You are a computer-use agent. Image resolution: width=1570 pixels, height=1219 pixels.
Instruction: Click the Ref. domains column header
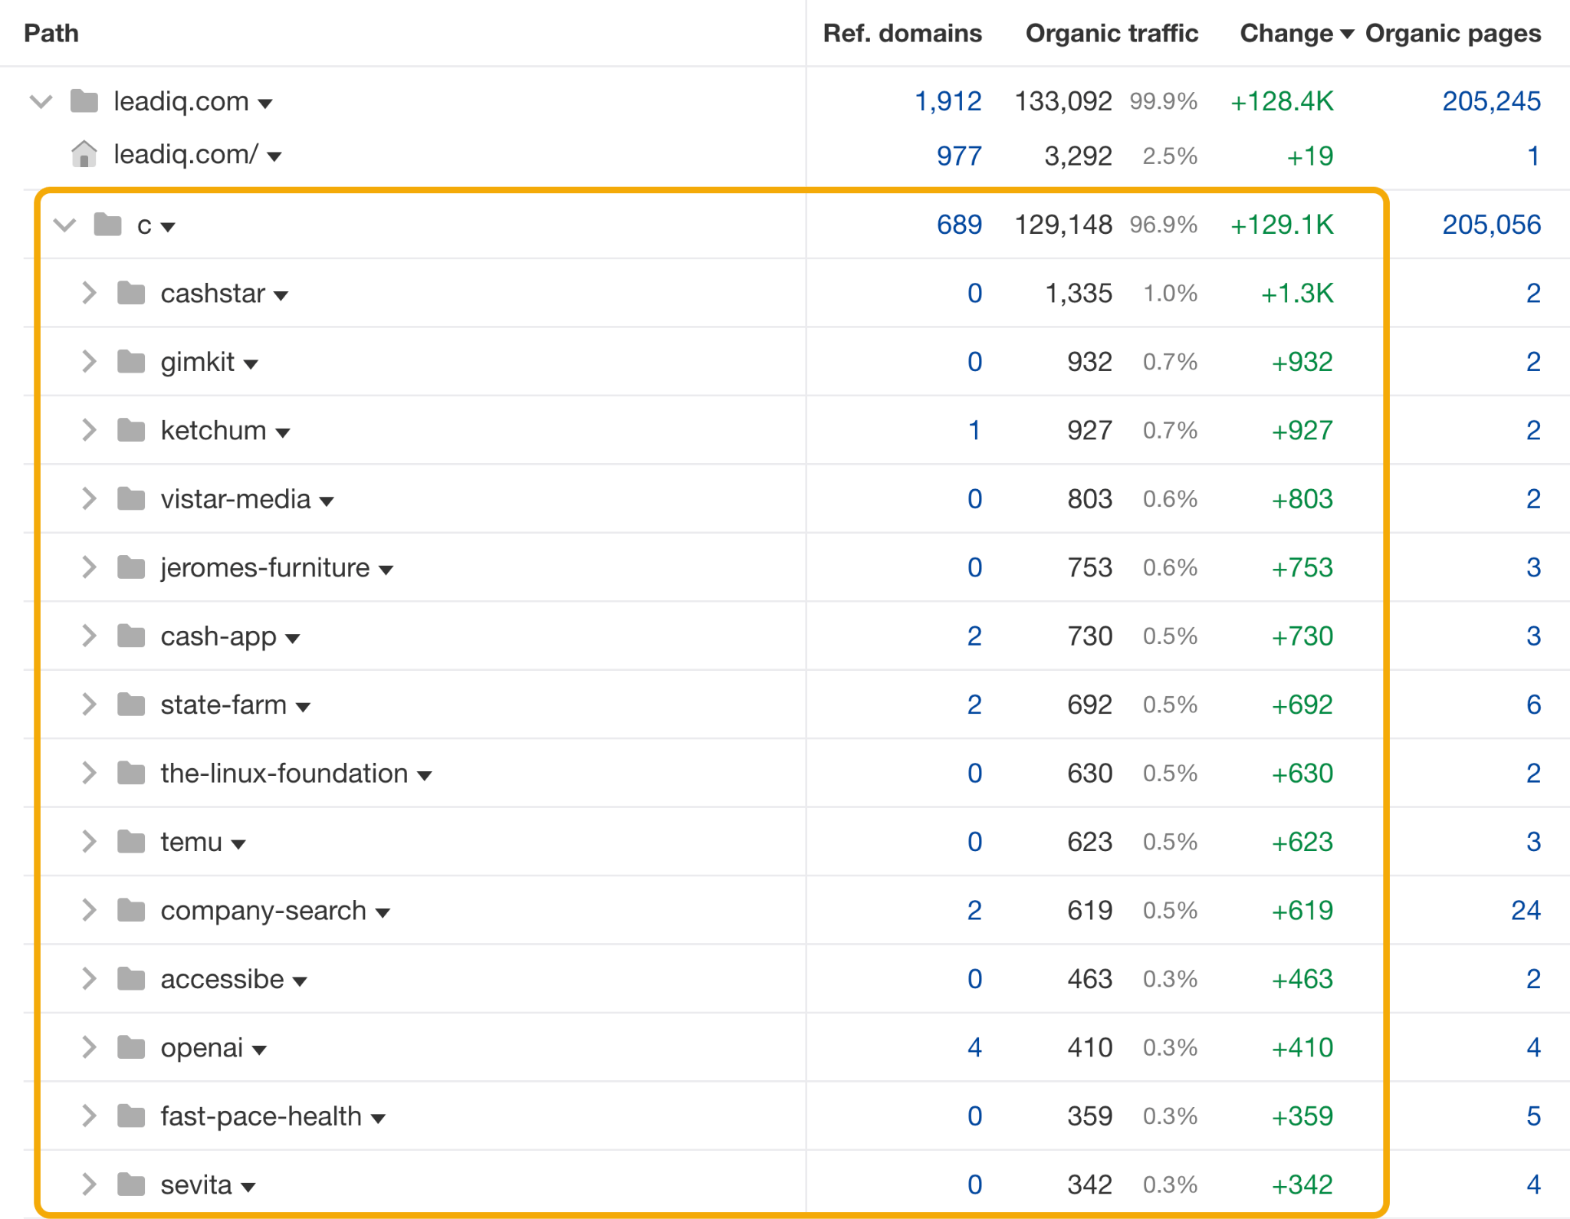(902, 34)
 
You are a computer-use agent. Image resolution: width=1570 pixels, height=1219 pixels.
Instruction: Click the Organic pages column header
(1453, 34)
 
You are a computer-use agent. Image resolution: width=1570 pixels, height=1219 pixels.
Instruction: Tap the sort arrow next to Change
(1347, 34)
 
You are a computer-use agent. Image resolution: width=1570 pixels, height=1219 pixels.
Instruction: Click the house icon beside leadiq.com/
(84, 155)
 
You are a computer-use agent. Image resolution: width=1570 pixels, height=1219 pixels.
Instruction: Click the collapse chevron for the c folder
(64, 225)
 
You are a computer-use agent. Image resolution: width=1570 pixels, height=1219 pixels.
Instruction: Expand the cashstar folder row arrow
(89, 293)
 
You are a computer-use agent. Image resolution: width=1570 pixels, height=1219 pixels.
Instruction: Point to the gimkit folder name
(197, 362)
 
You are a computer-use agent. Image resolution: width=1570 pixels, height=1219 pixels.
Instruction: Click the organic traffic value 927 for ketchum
(1089, 431)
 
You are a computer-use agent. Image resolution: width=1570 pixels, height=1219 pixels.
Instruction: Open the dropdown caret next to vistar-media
(327, 501)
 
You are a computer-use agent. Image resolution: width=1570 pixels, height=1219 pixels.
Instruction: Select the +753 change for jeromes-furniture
(1302, 568)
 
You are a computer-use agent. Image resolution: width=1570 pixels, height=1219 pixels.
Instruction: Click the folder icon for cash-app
(131, 636)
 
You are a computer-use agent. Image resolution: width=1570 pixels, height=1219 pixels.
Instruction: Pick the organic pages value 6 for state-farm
(1533, 705)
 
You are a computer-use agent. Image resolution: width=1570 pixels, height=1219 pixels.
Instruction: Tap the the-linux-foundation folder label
(284, 774)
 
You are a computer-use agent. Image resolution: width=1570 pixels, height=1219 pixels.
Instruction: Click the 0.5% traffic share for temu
(1170, 842)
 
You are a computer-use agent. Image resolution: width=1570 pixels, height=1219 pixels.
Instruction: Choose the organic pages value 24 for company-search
(1526, 911)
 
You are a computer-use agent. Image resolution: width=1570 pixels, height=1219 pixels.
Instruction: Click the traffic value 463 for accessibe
(1089, 979)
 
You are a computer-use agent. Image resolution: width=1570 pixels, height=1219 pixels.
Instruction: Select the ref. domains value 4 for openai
(974, 1048)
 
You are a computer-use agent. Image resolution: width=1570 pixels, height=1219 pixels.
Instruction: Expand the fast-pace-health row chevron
(89, 1116)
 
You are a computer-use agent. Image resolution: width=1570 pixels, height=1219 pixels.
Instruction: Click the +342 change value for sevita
(1302, 1185)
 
